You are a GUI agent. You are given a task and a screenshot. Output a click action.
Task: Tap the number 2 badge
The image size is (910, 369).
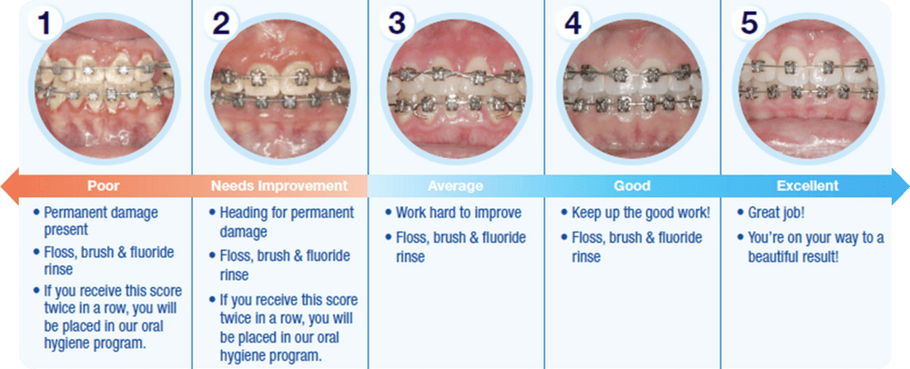click(x=221, y=24)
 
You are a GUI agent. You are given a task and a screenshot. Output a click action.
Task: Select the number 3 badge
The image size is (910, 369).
click(x=397, y=24)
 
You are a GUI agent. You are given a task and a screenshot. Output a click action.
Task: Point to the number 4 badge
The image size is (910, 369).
click(x=572, y=24)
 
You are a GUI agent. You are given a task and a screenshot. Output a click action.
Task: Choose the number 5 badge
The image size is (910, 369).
click(x=749, y=24)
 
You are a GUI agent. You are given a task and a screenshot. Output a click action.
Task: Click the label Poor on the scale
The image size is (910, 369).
click(x=104, y=186)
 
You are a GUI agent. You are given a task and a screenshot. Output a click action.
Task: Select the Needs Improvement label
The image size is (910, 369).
click(x=279, y=186)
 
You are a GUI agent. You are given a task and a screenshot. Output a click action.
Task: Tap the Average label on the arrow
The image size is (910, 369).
click(x=456, y=186)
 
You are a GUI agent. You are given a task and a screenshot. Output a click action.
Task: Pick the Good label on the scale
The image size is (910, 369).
click(x=632, y=186)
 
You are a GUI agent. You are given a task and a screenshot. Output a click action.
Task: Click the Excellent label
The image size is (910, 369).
click(x=808, y=186)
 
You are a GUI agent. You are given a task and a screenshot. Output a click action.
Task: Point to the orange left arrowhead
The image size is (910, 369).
click(x=10, y=186)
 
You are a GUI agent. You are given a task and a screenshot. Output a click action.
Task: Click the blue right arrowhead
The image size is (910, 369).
click(x=900, y=186)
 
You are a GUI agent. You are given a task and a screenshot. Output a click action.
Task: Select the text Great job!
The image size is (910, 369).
click(x=776, y=214)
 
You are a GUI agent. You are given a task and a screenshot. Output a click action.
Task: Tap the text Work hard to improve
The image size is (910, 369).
click(x=459, y=213)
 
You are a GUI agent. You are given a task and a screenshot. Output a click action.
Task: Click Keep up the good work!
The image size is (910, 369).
click(x=641, y=213)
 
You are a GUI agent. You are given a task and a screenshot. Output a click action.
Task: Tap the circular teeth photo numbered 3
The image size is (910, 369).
click(x=456, y=88)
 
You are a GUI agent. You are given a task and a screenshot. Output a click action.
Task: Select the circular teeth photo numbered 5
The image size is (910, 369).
click(x=810, y=88)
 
